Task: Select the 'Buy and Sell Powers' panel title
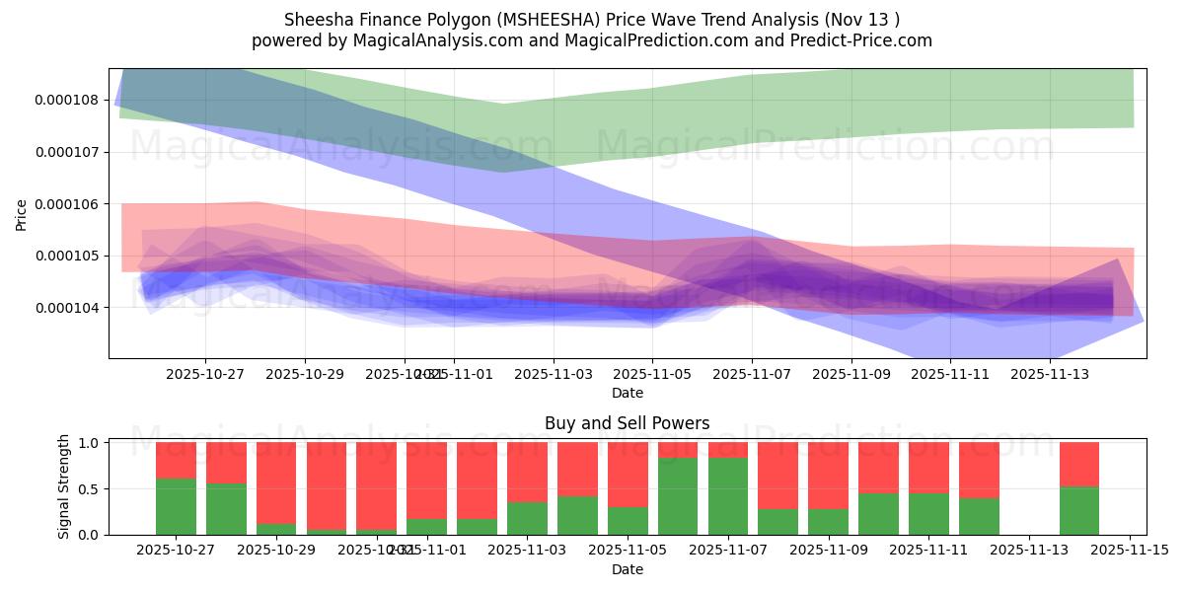[627, 423]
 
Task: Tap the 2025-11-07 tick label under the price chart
[752, 375]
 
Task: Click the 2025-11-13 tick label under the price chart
[1050, 375]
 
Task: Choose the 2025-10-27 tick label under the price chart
[205, 375]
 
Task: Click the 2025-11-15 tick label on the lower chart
[1129, 552]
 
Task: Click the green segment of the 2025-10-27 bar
[176, 506]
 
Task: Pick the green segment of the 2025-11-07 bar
[727, 495]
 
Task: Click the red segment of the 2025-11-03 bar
[527, 472]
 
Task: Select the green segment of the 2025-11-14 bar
[1078, 510]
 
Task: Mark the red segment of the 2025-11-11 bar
[927, 467]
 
